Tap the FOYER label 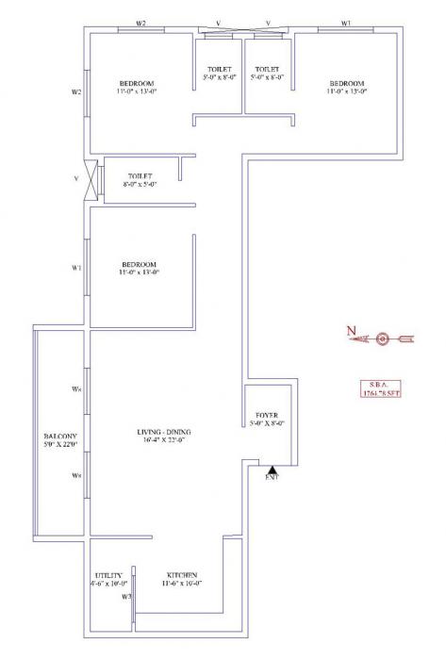(x=267, y=415)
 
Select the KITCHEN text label (x=182, y=574)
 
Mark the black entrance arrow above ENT (x=272, y=469)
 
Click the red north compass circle (x=381, y=338)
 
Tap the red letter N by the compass (x=349, y=331)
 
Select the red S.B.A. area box (x=380, y=387)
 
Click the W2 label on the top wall (x=140, y=22)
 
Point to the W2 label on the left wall (x=77, y=92)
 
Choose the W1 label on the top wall (x=345, y=22)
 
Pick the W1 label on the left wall (x=77, y=268)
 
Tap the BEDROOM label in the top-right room (x=346, y=82)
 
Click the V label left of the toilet (x=75, y=177)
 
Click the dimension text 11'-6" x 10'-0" (x=182, y=585)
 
